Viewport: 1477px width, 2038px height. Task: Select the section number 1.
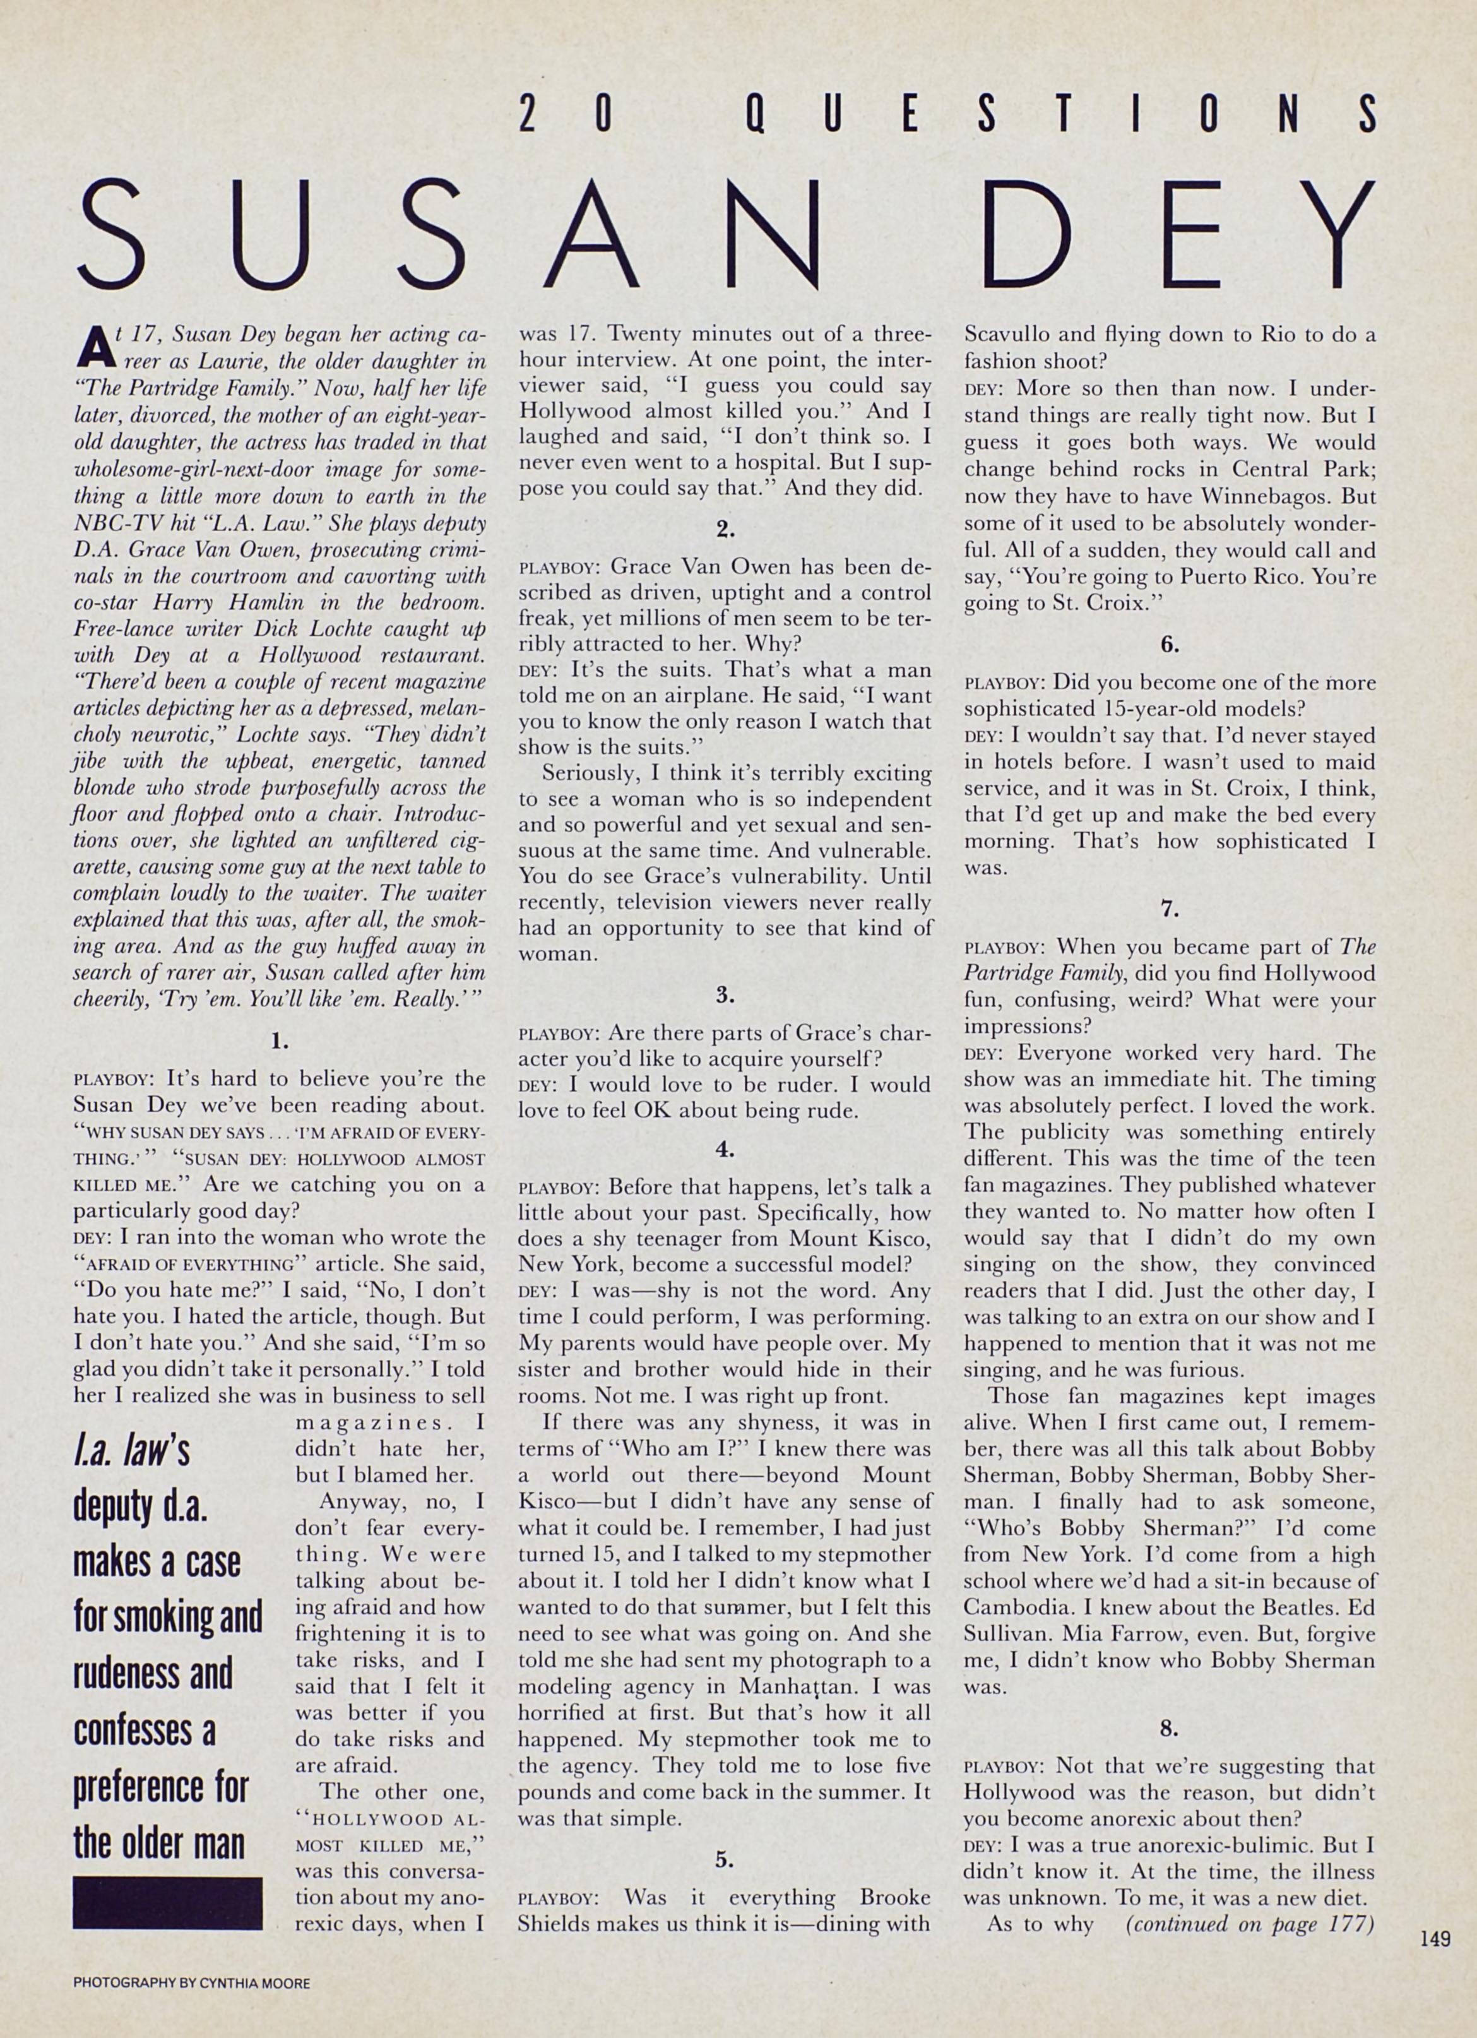tap(280, 1042)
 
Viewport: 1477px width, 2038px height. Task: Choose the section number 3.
tap(725, 995)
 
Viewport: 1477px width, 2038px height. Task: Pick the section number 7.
tap(1169, 909)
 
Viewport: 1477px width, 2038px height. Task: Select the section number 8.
tap(1169, 1728)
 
